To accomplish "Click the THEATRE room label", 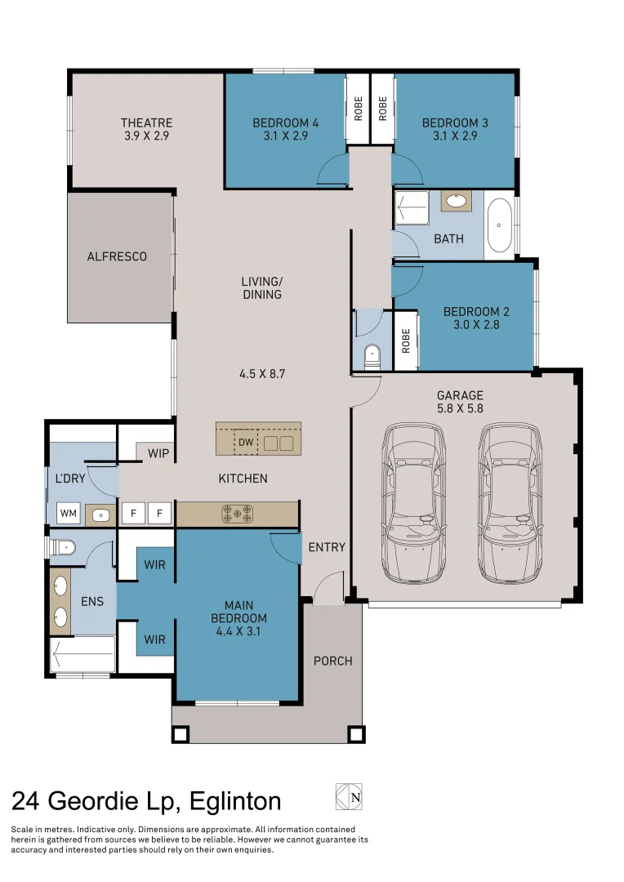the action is pyautogui.click(x=146, y=122).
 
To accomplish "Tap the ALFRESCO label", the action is pyautogui.click(x=117, y=256).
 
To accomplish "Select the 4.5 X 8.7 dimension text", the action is pyautogui.click(x=262, y=373).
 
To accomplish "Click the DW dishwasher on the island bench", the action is pyautogui.click(x=246, y=442).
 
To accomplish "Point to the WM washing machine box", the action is pyautogui.click(x=69, y=513).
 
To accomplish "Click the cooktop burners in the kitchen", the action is pyautogui.click(x=238, y=513).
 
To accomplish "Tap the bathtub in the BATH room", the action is pyautogui.click(x=499, y=225).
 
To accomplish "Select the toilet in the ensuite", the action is pyautogui.click(x=62, y=546).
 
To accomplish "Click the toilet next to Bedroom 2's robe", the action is pyautogui.click(x=372, y=357).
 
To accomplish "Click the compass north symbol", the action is pyautogui.click(x=349, y=796).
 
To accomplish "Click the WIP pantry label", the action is pyautogui.click(x=158, y=453).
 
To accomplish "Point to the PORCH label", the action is pyautogui.click(x=333, y=661).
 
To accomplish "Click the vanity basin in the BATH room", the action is pyautogui.click(x=457, y=201).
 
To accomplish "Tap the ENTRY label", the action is pyautogui.click(x=327, y=546).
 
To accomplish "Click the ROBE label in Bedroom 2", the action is pyautogui.click(x=406, y=341).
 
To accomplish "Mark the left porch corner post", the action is pyautogui.click(x=181, y=735).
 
